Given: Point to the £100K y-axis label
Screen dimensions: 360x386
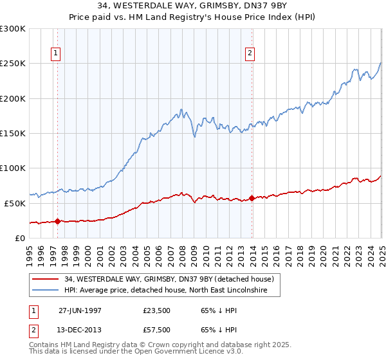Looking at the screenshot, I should pos(13,168).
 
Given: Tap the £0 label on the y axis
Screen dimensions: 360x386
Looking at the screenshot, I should pos(21,238).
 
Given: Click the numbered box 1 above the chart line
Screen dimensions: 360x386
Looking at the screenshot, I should pos(57,53).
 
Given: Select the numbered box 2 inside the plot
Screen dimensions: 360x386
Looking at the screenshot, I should pos(250,53).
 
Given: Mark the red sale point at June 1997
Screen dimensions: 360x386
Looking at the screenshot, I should pos(58,221).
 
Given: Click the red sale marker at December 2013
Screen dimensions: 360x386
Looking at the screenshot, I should pos(252,198).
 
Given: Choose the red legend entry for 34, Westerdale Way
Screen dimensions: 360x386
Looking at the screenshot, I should pos(169,279).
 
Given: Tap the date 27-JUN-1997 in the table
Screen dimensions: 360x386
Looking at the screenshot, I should pos(80,309).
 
